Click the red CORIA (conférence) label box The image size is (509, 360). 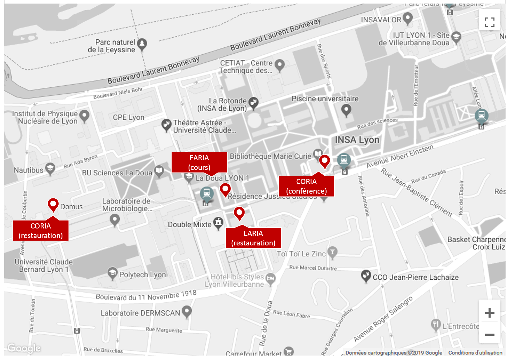[306, 186]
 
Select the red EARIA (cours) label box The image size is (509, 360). [199, 163]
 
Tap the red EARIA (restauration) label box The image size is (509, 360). [253, 238]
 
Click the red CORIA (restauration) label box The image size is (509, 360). [41, 231]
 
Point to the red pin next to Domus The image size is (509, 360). [53, 204]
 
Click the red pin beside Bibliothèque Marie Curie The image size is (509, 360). [324, 161]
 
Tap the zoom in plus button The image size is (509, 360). [489, 313]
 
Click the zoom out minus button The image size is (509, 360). [489, 335]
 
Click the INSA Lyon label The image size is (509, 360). [357, 140]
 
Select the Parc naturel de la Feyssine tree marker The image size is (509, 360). [142, 44]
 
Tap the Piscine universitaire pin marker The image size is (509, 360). [346, 110]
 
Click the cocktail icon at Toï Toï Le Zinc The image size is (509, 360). [332, 252]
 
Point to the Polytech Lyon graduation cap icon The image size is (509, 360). [112, 273]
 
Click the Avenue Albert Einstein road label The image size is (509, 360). [400, 156]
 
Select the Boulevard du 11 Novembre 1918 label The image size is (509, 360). [146, 295]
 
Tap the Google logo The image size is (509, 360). [24, 348]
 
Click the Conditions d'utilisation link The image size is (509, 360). [475, 353]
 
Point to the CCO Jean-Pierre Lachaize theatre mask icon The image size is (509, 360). [366, 276]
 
